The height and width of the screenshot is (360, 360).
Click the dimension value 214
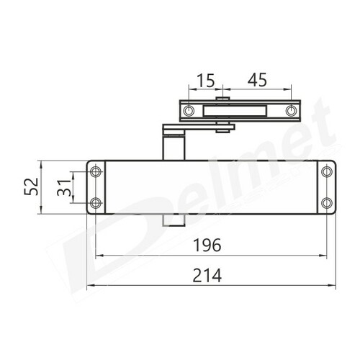[x=207, y=276]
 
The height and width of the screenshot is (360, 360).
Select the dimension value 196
[x=207, y=245]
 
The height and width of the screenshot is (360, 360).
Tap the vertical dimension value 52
[x=32, y=186]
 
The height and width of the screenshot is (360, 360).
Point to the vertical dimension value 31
[x=64, y=188]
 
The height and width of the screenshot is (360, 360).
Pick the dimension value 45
[x=257, y=80]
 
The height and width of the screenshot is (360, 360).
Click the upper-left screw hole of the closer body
[x=96, y=171]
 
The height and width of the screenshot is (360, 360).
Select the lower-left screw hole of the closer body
[x=96, y=203]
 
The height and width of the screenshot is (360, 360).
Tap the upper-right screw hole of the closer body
[x=327, y=171]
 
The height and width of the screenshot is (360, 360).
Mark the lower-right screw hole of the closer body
[x=327, y=203]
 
